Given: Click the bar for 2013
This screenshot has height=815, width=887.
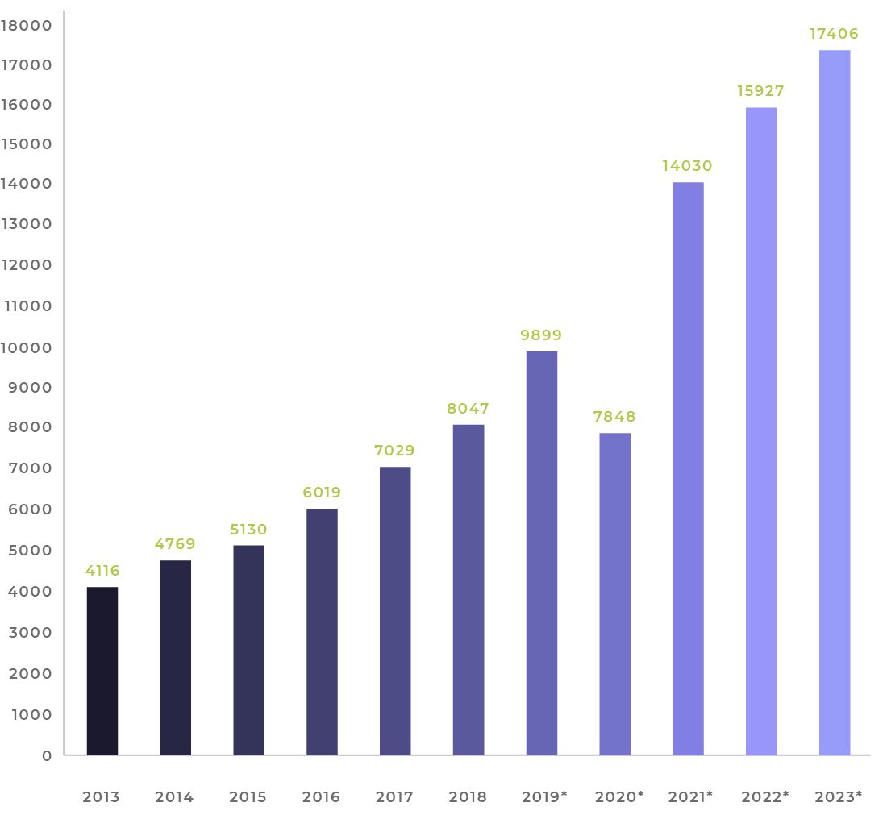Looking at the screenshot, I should pyautogui.click(x=102, y=671).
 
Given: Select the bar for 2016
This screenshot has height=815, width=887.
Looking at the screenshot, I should pyautogui.click(x=322, y=632).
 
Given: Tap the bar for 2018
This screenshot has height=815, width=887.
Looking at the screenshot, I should pyautogui.click(x=468, y=589).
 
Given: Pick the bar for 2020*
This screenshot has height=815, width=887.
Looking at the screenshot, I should pyautogui.click(x=615, y=594).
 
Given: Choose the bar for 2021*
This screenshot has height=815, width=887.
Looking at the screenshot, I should pyautogui.click(x=688, y=468).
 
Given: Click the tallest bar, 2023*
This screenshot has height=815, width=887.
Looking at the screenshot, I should pyautogui.click(x=835, y=402).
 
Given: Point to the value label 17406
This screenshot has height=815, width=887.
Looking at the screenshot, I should pyautogui.click(x=835, y=34).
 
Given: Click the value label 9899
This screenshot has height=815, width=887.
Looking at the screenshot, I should pyautogui.click(x=542, y=335).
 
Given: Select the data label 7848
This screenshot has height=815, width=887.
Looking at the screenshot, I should pyautogui.click(x=615, y=417).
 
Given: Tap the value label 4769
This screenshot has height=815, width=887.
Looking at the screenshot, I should pyautogui.click(x=176, y=544).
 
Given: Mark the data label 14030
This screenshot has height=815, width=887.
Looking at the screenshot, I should pyautogui.click(x=688, y=166).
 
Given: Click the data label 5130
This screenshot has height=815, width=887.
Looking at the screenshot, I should pyautogui.click(x=248, y=530).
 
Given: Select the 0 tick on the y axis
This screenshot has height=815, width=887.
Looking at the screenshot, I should pyautogui.click(x=48, y=755).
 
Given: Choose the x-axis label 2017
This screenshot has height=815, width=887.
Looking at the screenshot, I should pyautogui.click(x=395, y=797).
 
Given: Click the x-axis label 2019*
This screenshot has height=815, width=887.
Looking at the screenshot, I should pyautogui.click(x=545, y=797).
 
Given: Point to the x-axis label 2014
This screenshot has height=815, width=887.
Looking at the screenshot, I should pyautogui.click(x=175, y=797).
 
